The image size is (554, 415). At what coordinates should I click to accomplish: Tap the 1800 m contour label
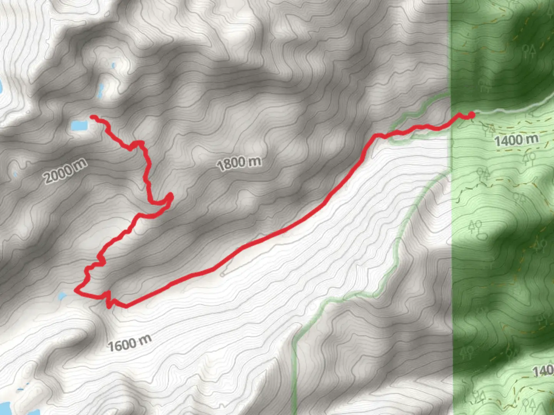pyautogui.click(x=239, y=163)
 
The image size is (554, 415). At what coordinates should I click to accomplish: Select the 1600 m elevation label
pyautogui.click(x=129, y=342)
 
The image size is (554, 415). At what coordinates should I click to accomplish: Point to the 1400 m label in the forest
pyautogui.click(x=516, y=140)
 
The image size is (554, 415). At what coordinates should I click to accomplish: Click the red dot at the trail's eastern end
pyautogui.click(x=471, y=115)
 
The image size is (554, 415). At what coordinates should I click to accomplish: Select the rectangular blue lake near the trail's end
pyautogui.click(x=79, y=125)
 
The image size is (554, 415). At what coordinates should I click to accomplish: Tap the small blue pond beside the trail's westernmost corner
pyautogui.click(x=62, y=296)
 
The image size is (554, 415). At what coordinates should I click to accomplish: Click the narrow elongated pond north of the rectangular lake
pyautogui.click(x=101, y=90)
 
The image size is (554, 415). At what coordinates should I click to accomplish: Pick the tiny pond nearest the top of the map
pyautogui.click(x=113, y=66)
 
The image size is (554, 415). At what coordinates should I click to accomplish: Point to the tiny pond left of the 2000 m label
pyautogui.click(x=15, y=175)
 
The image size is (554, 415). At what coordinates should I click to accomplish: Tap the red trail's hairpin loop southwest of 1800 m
pyautogui.click(x=169, y=198)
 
